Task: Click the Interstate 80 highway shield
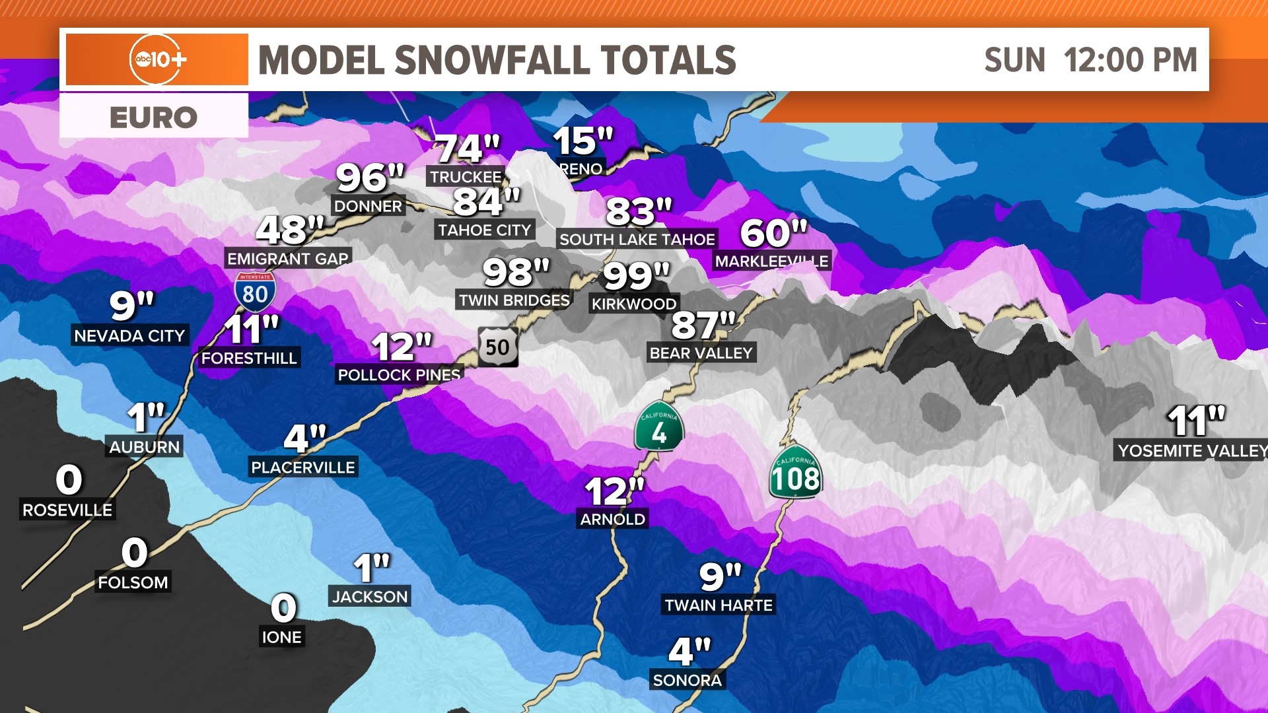(255, 292)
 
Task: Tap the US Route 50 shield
(498, 347)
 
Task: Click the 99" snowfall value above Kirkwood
(636, 276)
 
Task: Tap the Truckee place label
(466, 177)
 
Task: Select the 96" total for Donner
(370, 177)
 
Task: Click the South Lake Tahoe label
(637, 240)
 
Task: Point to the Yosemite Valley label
(1191, 451)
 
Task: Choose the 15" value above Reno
(583, 141)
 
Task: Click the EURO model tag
(153, 118)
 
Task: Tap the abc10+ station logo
(157, 59)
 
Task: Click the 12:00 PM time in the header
(1130, 60)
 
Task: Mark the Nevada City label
(129, 335)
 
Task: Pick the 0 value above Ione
(283, 608)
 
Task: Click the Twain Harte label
(718, 605)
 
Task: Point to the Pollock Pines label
(399, 375)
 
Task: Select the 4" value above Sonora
(689, 652)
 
